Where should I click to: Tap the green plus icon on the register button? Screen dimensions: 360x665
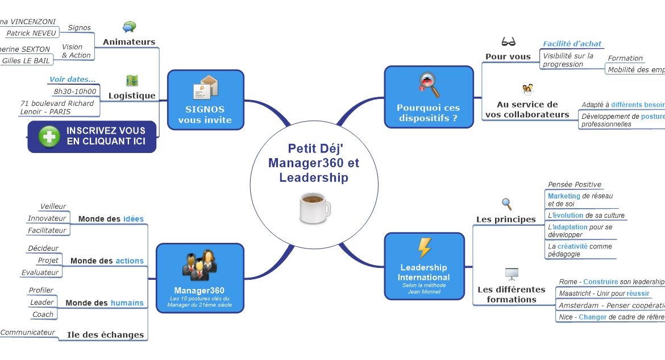click(49, 136)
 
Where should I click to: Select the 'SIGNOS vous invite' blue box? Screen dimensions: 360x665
click(205, 100)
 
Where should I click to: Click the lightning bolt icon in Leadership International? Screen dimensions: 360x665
click(424, 248)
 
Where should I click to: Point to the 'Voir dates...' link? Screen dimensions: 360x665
click(72, 79)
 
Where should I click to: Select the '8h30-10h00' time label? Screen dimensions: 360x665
click(74, 91)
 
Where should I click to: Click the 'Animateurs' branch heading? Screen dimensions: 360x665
click(129, 42)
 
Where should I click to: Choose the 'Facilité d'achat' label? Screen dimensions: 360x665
click(572, 44)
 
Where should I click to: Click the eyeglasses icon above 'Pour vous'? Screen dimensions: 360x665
click(508, 42)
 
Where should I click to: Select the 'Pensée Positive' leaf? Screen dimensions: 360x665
click(574, 184)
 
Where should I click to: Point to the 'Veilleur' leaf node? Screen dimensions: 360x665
click(53, 206)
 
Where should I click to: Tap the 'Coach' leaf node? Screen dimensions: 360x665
click(43, 314)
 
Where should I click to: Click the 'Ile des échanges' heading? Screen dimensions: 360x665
click(105, 334)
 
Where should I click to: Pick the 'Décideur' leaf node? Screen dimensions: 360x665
click(43, 248)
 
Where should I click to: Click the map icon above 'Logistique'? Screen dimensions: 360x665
click(132, 81)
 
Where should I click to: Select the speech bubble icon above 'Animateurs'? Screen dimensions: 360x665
click(130, 27)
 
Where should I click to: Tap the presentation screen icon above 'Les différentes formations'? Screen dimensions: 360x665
click(512, 274)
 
